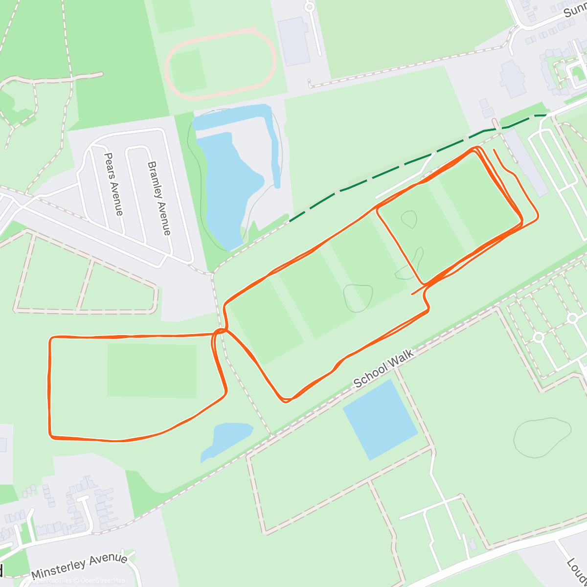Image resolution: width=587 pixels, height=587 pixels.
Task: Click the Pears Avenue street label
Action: click(x=113, y=184)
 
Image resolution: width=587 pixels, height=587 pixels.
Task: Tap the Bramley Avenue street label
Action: click(x=159, y=198)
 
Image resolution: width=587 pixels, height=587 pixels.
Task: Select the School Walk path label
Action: click(x=384, y=368)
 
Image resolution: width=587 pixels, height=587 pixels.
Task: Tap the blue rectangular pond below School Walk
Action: click(x=380, y=419)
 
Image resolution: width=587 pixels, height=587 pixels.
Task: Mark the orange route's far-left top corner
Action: click(x=51, y=338)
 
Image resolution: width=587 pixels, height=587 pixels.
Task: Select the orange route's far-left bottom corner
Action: click(x=51, y=435)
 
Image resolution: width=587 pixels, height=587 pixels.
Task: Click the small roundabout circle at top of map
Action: click(x=309, y=7)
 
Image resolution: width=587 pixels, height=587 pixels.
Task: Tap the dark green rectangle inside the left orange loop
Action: click(x=152, y=370)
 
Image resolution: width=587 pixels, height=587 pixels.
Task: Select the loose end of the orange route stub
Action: click(x=494, y=149)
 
